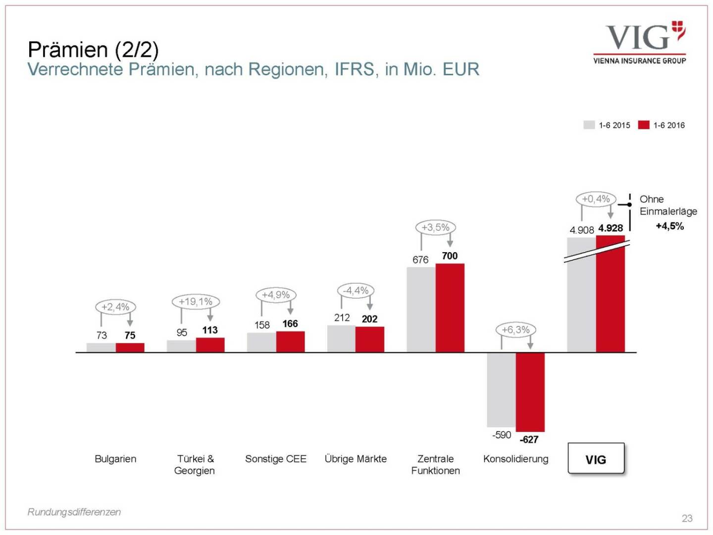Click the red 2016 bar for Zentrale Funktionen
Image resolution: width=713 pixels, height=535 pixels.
tap(450, 308)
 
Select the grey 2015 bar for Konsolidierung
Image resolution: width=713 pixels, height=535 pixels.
tap(501, 389)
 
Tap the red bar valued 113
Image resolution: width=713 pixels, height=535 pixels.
tap(210, 345)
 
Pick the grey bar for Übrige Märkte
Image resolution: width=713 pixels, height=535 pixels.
tap(341, 338)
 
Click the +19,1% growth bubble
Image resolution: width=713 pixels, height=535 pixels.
tap(196, 301)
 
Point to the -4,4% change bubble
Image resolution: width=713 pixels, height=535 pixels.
tap(356, 290)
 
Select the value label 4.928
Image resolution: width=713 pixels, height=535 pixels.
tap(611, 228)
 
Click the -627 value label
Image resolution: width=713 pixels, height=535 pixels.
tap(529, 439)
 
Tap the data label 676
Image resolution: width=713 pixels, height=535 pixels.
tap(420, 260)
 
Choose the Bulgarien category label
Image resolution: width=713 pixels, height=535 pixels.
tap(115, 459)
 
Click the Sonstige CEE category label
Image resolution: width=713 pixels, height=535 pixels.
tap(276, 459)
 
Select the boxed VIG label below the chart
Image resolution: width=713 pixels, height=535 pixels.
tap(596, 459)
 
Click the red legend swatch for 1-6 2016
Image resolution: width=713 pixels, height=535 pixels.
tap(643, 125)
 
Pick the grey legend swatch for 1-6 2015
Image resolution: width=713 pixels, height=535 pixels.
tap(589, 125)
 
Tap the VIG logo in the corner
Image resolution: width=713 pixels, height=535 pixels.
tap(640, 43)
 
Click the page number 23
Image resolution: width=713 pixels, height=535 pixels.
tap(687, 518)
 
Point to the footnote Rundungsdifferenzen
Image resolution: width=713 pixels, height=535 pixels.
tap(74, 512)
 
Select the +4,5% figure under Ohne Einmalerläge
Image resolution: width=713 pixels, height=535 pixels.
tap(669, 226)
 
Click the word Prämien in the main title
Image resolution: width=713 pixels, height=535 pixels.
tap(68, 50)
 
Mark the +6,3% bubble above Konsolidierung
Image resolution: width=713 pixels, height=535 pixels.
tap(515, 329)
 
